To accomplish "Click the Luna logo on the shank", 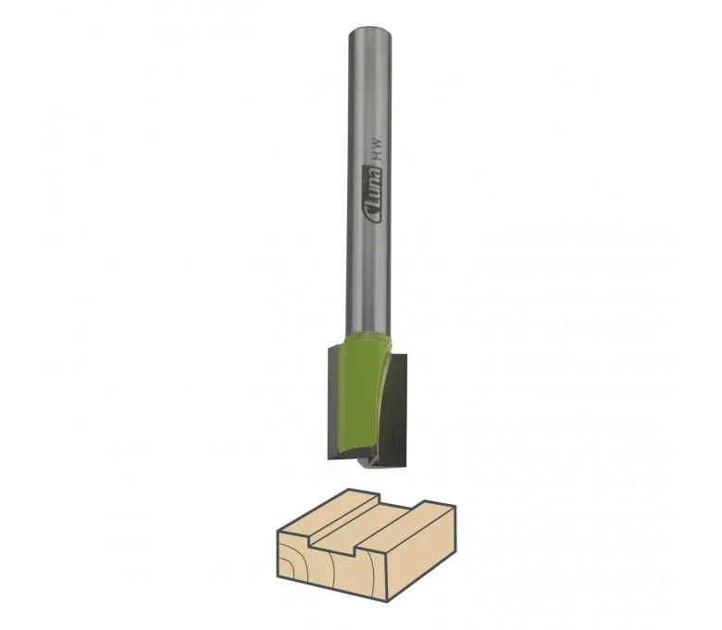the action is [372, 195].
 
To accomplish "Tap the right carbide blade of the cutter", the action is [392, 410].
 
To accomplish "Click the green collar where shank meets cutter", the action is [368, 344].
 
